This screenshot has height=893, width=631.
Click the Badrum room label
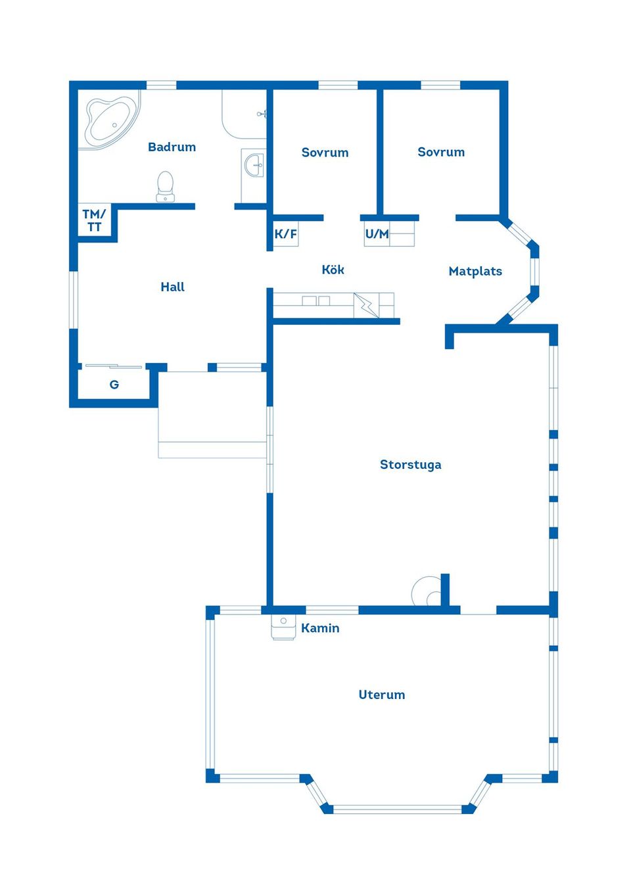click(172, 147)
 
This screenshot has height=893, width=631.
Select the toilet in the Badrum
click(165, 186)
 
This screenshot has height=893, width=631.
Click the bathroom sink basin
click(254, 164)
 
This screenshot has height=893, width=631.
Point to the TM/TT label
click(94, 220)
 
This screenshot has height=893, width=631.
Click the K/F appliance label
click(286, 233)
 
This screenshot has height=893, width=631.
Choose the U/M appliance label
click(377, 233)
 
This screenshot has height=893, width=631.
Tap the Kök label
click(333, 270)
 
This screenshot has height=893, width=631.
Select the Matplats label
click(475, 272)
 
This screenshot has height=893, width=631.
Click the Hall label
click(172, 287)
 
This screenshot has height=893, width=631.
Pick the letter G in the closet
click(114, 385)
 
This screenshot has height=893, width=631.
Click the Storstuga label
click(410, 464)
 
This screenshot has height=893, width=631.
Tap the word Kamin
click(320, 628)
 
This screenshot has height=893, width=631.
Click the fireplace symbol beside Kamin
click(283, 627)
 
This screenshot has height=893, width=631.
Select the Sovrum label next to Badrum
click(325, 153)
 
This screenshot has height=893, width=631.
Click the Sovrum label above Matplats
click(441, 152)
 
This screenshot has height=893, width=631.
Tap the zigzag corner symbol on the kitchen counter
click(366, 306)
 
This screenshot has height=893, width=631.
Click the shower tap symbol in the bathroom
click(262, 114)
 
